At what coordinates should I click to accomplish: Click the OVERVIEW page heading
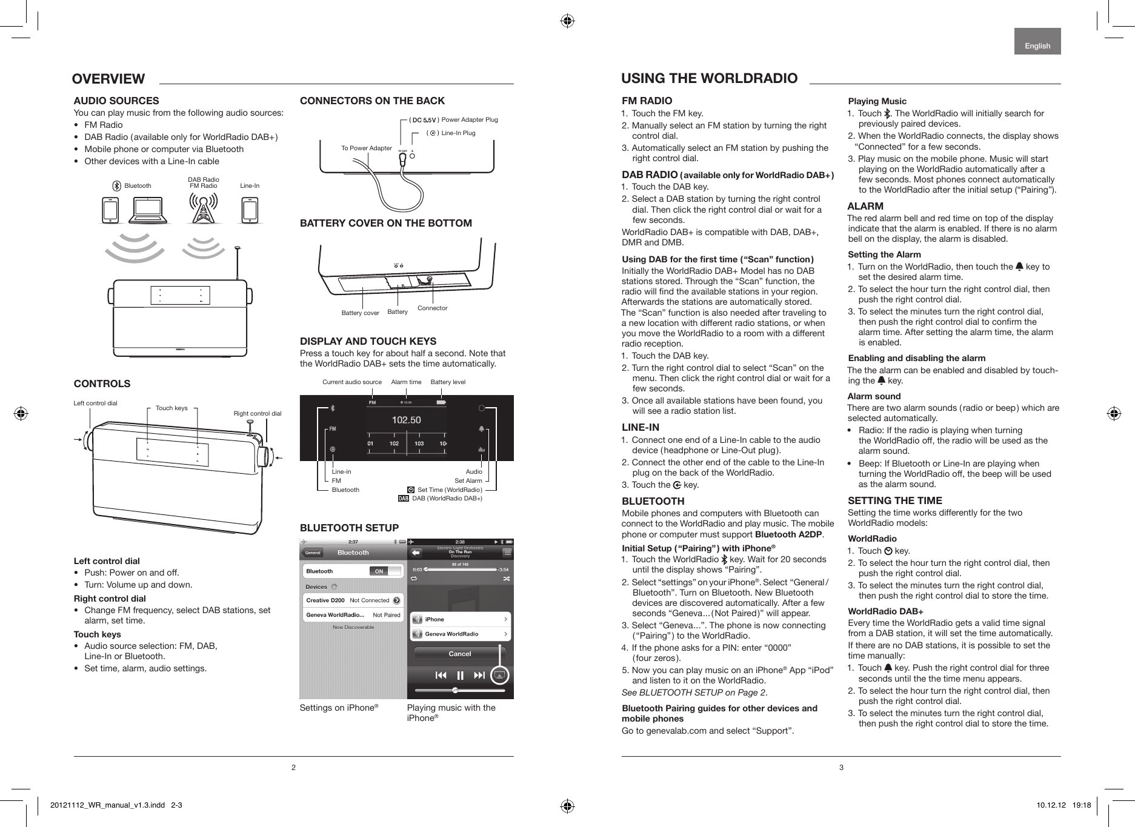[x=108, y=79]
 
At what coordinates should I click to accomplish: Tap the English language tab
[x=1037, y=46]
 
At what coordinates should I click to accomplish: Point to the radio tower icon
[x=203, y=209]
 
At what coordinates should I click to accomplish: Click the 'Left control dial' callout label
[x=95, y=403]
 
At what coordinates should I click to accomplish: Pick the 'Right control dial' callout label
[x=258, y=414]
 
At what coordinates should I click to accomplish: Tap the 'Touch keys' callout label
[x=171, y=408]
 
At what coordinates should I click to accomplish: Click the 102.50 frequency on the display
[x=406, y=420]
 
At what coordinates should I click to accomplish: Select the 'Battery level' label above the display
[x=448, y=382]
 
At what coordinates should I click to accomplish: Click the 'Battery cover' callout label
[x=360, y=313]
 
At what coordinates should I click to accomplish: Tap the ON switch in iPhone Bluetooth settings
[x=379, y=571]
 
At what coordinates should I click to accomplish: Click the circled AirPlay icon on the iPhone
[x=499, y=675]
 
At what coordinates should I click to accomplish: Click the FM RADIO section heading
[x=647, y=101]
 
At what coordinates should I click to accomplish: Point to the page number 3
[x=841, y=768]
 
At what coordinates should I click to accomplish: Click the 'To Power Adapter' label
[x=367, y=148]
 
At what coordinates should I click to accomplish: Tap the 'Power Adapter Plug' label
[x=470, y=120]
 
